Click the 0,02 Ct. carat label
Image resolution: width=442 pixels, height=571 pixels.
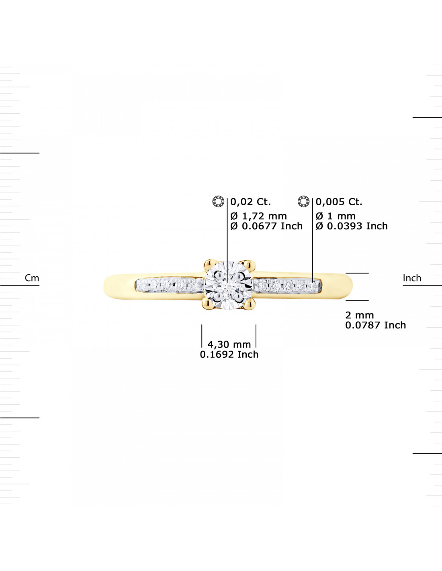pos(250,202)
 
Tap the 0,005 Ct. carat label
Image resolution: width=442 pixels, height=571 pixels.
pos(339,202)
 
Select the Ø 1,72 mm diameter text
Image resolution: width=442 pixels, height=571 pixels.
pos(258,216)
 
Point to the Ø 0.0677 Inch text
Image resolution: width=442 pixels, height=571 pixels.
pos(266,226)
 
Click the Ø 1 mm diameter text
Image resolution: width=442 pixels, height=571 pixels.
pos(336,216)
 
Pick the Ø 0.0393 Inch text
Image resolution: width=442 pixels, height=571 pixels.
pos(352,226)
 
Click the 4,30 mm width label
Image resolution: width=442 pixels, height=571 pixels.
pos(229,344)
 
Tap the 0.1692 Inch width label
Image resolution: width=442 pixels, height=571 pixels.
pos(229,355)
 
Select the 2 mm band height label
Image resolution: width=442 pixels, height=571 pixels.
pos(360,315)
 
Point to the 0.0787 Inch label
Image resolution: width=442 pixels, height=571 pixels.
pos(375,325)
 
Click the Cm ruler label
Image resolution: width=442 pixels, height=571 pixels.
pos(32,278)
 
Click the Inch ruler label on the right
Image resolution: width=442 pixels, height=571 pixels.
pos(412,278)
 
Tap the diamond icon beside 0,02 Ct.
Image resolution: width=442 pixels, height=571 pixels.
pos(218,201)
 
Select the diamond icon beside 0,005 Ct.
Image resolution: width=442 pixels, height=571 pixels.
pos(304,201)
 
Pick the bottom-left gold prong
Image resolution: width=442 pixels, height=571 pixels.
pos(208,304)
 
